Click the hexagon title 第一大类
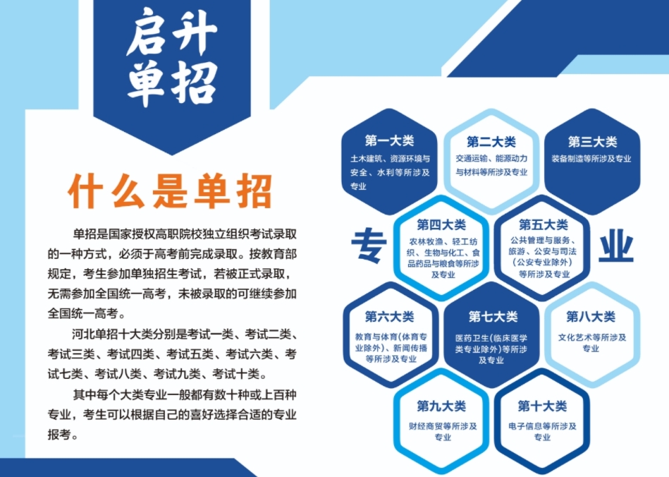pos(389,140)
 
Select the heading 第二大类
pos(491,141)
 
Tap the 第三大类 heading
pos(592,141)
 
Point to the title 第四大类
pos(441,224)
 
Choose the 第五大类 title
pos(543,224)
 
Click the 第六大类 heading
pos(389,316)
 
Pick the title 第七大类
pos(493,316)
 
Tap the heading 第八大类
pos(591,316)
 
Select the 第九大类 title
pos(441,406)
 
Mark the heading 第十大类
pos(542,406)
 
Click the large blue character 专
pos(369,246)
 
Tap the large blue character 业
pos(616,246)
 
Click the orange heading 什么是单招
pos(170,191)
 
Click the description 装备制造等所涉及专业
pos(591,159)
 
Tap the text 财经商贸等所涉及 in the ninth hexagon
pos(443,426)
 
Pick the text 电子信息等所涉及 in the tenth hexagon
pos(542,426)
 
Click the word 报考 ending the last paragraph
pos(59,435)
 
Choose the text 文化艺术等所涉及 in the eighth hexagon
pos(592,337)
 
